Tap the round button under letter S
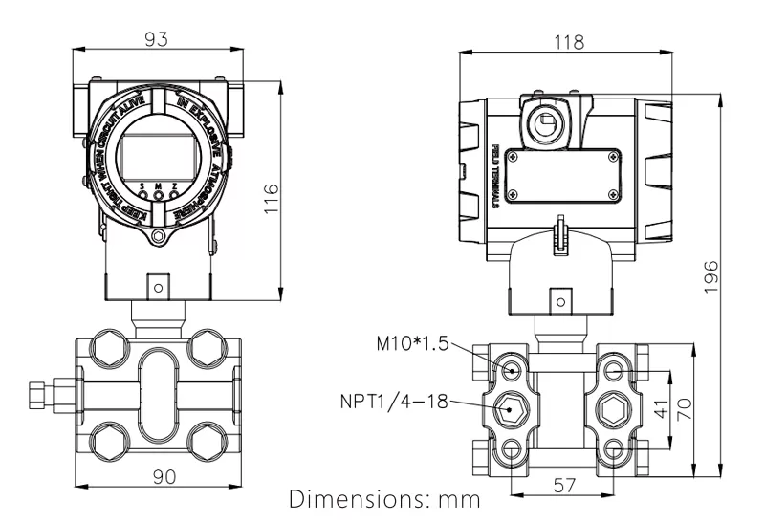[x=142, y=194]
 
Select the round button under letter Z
[x=174, y=194]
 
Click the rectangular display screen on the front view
[x=158, y=156]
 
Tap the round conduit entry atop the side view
[x=547, y=122]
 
